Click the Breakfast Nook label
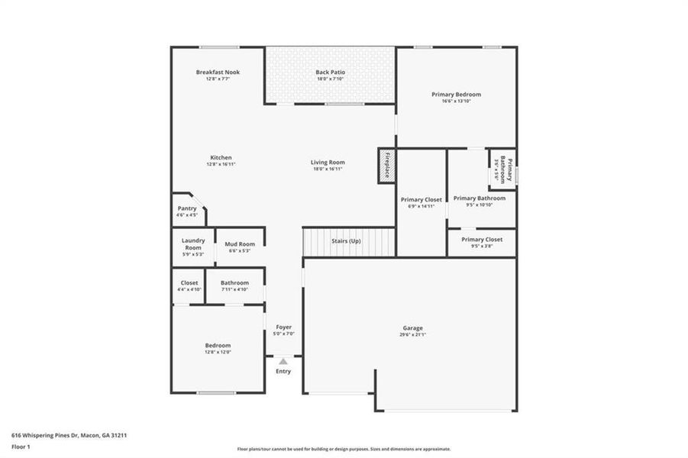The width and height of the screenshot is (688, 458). pos(218,72)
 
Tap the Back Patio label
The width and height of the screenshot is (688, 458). pos(330,72)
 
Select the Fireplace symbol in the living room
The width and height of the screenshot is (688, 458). pos(386,166)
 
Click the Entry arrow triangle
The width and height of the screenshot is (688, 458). pos(283,361)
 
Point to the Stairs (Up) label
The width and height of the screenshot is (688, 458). pos(346,241)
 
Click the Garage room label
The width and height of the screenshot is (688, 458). pos(413,327)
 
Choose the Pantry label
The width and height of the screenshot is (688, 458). pos(187,208)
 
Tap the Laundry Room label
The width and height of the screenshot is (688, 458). pos(192,244)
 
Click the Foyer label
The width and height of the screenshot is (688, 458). pos(284,327)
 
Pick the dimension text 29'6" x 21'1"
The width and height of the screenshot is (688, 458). pos(413,334)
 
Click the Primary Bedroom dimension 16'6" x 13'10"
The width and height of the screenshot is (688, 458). pos(456,101)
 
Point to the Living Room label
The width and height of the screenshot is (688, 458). pos(328,162)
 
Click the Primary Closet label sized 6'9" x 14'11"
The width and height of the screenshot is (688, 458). pos(422,199)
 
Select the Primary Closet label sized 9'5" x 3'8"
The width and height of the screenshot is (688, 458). pos(482,239)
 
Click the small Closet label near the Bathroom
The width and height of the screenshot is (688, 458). pos(189,282)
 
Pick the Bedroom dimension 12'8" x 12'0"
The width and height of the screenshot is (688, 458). pos(217,352)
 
